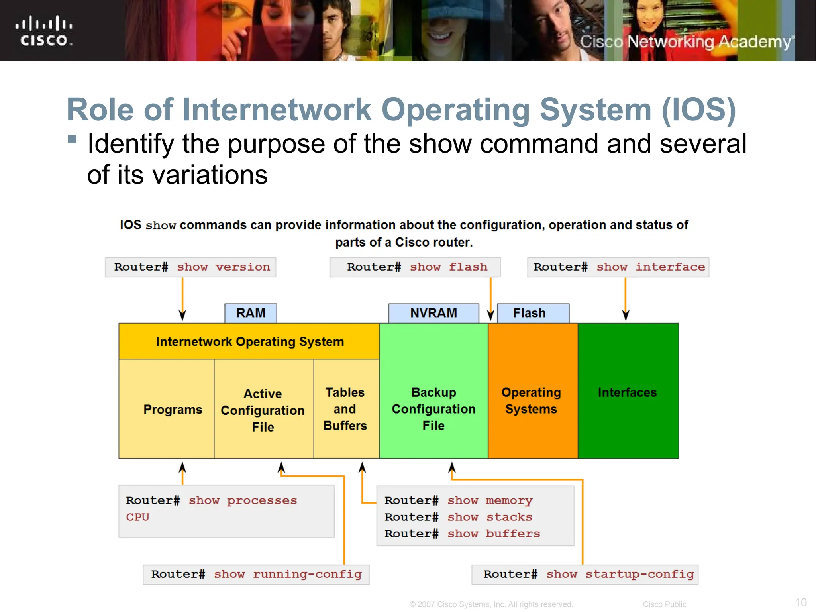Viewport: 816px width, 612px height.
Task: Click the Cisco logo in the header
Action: click(44, 31)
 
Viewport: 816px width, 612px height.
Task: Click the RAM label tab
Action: click(251, 313)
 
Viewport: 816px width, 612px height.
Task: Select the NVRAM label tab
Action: click(433, 313)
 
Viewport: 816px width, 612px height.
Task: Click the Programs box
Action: click(172, 409)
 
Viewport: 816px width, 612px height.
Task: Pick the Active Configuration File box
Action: click(263, 410)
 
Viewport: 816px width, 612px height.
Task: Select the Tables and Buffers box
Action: click(345, 409)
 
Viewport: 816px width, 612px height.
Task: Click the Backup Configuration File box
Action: click(433, 409)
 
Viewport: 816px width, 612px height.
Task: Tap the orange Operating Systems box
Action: click(532, 401)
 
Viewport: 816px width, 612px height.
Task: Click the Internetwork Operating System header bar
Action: click(249, 341)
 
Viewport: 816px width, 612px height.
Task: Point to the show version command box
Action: click(191, 267)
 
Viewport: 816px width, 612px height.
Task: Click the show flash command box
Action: click(415, 267)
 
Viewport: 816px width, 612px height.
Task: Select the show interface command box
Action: click(618, 267)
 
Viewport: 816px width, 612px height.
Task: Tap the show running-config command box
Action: click(256, 574)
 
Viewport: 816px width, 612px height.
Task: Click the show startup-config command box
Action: click(585, 574)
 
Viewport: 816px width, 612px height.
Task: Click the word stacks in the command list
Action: click(509, 517)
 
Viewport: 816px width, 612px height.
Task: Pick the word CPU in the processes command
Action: click(138, 517)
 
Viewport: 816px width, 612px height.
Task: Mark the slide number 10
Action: click(800, 602)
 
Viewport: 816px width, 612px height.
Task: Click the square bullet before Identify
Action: click(72, 139)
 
